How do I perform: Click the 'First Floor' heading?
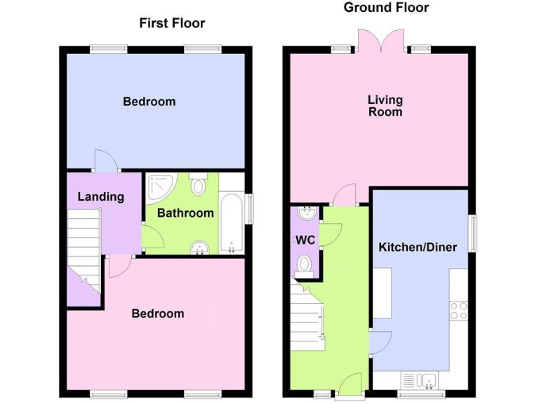click(172, 23)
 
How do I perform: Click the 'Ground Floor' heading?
click(385, 8)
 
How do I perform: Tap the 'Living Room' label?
click(385, 105)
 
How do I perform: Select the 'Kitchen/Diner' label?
click(418, 247)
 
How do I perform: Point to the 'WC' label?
click(305, 240)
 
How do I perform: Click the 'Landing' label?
click(100, 197)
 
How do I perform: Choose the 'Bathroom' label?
click(185, 213)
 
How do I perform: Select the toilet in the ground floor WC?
click(305, 264)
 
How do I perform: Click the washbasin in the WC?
click(305, 213)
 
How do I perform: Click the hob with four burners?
click(459, 310)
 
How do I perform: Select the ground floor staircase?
click(309, 316)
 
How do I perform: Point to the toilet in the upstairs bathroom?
click(198, 187)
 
